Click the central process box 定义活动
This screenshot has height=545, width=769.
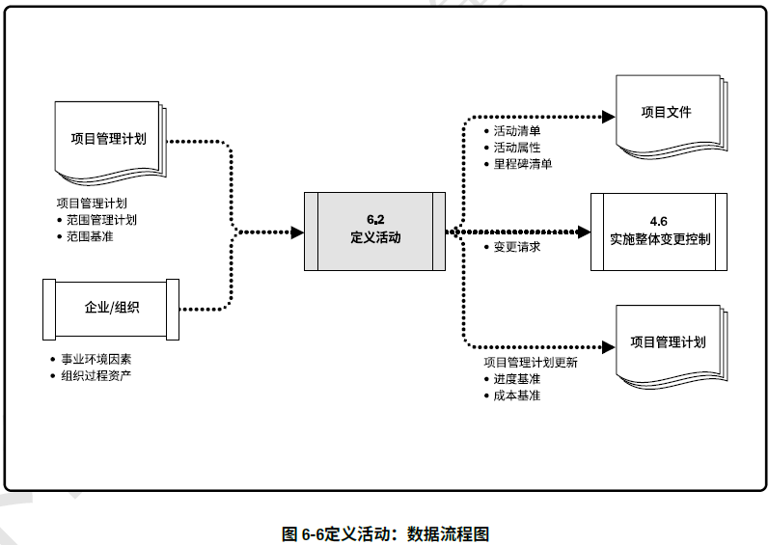[x=375, y=232]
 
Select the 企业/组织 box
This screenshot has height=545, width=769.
[x=111, y=308]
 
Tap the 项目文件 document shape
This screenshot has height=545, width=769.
[x=667, y=115]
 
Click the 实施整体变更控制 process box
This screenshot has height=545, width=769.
[x=659, y=232]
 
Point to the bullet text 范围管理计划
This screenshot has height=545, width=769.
[x=101, y=220]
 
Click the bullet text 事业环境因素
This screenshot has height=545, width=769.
[x=96, y=359]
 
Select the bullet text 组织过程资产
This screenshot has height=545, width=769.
[x=96, y=375]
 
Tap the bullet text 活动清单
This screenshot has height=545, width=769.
[x=517, y=131]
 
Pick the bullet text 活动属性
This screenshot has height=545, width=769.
[x=517, y=148]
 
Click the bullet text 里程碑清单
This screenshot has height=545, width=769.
[x=522, y=164]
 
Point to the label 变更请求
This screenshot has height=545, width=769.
[x=517, y=247]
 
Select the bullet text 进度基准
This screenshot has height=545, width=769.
[x=517, y=379]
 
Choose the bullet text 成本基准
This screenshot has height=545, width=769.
[x=517, y=395]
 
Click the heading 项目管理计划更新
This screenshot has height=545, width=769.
[x=531, y=363]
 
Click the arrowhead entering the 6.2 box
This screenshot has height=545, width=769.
[x=297, y=232]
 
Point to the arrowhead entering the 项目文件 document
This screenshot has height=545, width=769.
[x=608, y=116]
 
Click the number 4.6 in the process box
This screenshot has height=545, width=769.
[x=659, y=221]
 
